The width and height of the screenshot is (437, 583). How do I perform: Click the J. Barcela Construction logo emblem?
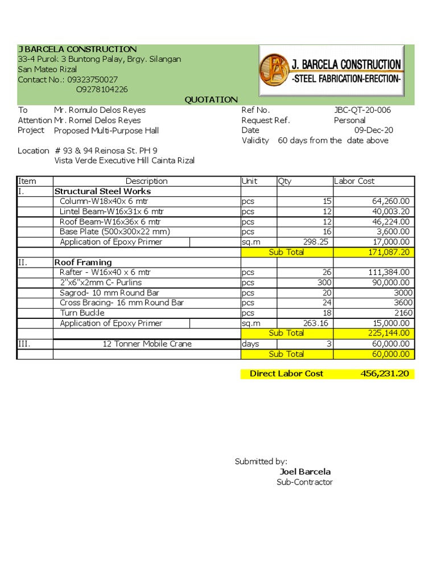[x=274, y=70]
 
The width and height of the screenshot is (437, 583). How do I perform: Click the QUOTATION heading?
[x=211, y=100]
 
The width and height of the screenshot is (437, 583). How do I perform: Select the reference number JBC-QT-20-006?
[x=362, y=110]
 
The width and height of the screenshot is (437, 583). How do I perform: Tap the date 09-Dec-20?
[x=373, y=130]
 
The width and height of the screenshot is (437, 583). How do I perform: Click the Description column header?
[x=146, y=181]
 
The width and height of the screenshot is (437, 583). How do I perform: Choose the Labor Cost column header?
[x=354, y=181]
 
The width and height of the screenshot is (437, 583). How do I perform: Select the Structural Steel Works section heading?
[x=102, y=191]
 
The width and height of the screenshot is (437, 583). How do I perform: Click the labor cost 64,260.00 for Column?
[x=389, y=202]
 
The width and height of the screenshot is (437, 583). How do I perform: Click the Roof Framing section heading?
[x=83, y=262]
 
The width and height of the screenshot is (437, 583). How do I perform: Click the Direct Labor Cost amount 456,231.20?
[x=385, y=373]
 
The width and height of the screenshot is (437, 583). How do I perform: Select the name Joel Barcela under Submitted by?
[x=305, y=472]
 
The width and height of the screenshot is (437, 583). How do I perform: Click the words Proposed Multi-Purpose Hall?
[x=106, y=130]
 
